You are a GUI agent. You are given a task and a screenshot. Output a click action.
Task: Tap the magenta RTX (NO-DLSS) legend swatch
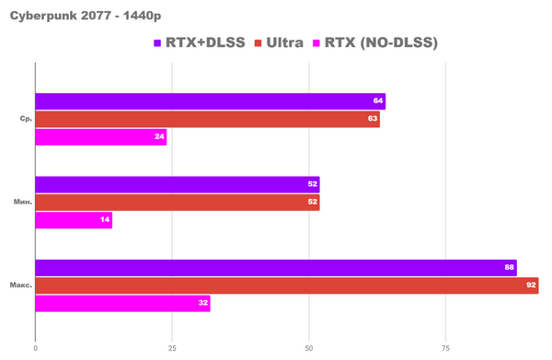(318, 43)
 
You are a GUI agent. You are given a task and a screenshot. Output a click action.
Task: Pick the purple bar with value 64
(210, 101)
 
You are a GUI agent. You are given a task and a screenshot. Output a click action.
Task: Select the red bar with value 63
(207, 119)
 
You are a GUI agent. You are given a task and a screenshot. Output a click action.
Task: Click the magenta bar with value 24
(101, 136)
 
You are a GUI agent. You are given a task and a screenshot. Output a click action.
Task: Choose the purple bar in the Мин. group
(178, 184)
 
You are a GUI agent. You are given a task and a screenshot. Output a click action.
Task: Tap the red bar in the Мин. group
(178, 203)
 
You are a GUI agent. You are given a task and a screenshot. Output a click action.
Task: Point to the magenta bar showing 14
(74, 220)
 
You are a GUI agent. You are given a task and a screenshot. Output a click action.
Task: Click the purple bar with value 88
(276, 268)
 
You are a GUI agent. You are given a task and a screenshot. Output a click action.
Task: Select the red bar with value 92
(287, 285)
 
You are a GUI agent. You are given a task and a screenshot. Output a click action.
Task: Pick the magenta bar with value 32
(122, 303)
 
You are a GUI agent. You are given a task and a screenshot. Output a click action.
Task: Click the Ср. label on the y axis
(26, 119)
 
